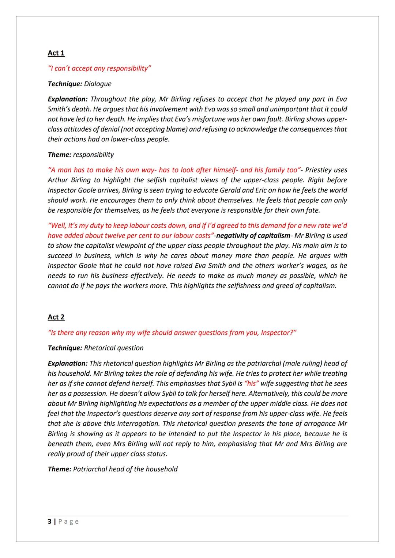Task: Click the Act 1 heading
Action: [x=56, y=53]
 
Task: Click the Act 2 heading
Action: [x=56, y=317]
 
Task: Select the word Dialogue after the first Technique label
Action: [x=98, y=84]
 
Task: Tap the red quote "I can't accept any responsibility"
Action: [x=99, y=69]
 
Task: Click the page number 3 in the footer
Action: [x=50, y=521]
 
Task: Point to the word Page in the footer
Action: [x=68, y=521]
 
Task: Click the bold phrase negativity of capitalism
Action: [x=253, y=236]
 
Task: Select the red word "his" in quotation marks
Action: [x=251, y=384]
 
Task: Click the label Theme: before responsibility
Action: [x=59, y=155]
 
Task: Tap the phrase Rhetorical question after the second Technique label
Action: [x=114, y=348]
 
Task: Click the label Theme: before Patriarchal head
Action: [x=59, y=469]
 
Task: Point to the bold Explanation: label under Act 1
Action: [x=68, y=99]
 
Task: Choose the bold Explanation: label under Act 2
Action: [x=68, y=364]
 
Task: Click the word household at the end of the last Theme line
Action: [x=161, y=469]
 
